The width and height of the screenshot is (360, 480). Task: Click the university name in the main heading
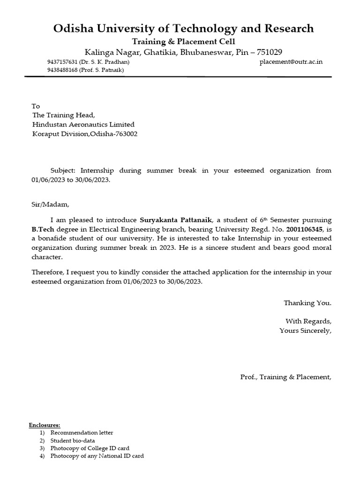[183, 29]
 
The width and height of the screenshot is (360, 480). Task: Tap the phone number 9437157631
[62, 62]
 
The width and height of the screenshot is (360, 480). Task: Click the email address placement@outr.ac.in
[291, 62]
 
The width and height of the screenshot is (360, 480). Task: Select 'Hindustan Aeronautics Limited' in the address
[83, 125]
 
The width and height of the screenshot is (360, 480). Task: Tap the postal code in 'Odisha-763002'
[125, 134]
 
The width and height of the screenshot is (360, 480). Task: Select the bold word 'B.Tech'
[42, 229]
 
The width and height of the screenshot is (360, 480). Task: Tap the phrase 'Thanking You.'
[307, 303]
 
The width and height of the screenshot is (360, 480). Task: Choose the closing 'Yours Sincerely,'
[305, 330]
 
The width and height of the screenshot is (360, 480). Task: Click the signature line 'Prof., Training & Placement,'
[285, 377]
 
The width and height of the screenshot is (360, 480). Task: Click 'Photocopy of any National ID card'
[97, 456]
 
